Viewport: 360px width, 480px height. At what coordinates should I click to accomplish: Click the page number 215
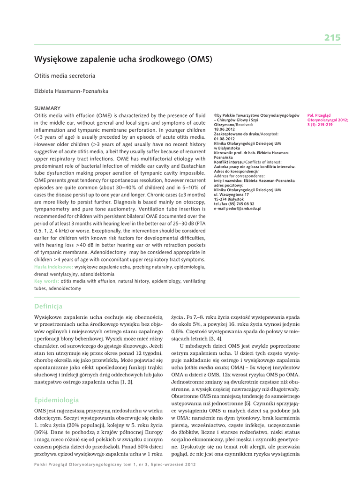(x=332, y=38)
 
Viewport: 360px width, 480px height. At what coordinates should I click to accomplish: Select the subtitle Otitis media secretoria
(x=65, y=75)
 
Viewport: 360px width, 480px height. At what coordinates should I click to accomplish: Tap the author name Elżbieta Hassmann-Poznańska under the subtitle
(x=71, y=91)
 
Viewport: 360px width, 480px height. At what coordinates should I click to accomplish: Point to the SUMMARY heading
(x=47, y=108)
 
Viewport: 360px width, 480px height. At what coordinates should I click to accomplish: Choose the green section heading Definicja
(x=48, y=307)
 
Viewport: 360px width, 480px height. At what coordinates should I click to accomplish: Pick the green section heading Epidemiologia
(x=57, y=400)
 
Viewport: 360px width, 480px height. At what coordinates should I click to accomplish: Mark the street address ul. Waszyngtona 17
(x=232, y=194)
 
